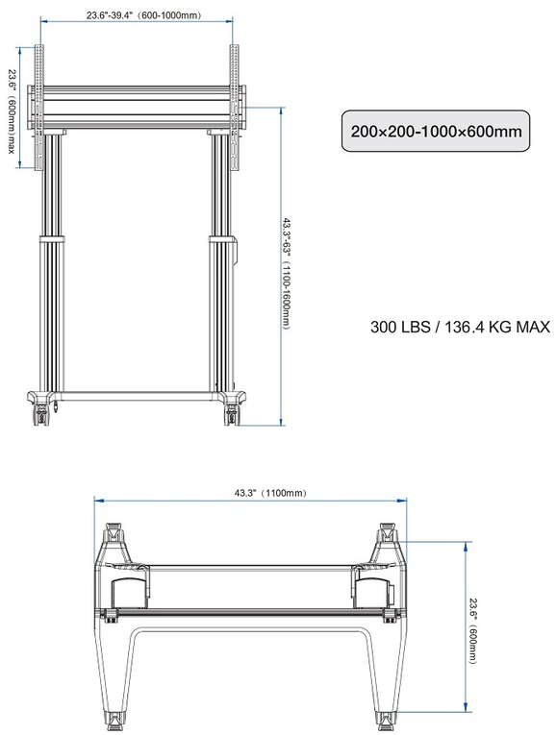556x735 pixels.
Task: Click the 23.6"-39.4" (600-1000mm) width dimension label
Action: (x=143, y=15)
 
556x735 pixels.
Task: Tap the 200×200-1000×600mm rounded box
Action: (x=436, y=131)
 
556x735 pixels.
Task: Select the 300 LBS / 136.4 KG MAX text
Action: (x=460, y=327)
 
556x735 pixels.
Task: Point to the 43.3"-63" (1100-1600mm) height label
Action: (x=287, y=273)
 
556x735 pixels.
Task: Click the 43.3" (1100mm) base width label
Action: (x=270, y=493)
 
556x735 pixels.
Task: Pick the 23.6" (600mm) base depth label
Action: (x=473, y=630)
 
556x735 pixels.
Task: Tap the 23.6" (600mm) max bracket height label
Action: (x=12, y=111)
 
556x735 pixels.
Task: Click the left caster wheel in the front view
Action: (x=41, y=415)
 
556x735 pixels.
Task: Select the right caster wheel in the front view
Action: (x=232, y=415)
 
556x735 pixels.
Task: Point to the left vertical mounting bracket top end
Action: (x=39, y=45)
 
